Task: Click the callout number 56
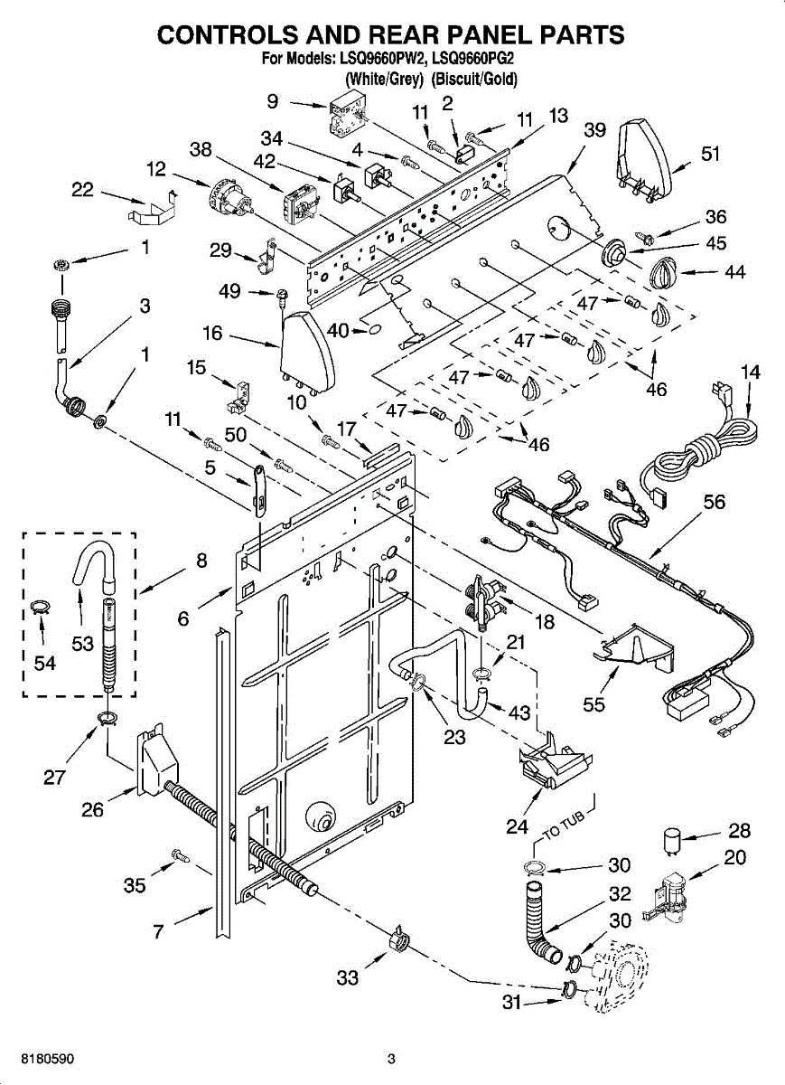(715, 502)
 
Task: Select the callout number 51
(710, 154)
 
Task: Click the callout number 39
(594, 130)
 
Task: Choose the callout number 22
(82, 189)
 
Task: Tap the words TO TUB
(565, 826)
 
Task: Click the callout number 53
(82, 644)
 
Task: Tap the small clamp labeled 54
(38, 608)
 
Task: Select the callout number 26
(92, 809)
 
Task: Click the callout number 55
(593, 704)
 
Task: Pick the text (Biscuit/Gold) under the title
(474, 79)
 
